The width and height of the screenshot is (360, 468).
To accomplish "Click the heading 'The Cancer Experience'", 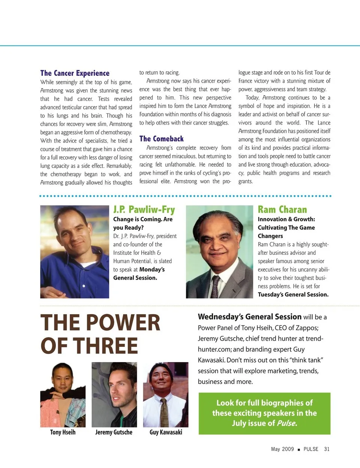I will coord(75,73).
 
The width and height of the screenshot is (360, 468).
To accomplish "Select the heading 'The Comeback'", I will coord(161,139).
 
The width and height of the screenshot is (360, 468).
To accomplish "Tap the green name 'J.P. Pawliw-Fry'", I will coord(144,209).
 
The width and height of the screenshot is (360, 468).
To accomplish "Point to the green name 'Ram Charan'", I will coord(282,209).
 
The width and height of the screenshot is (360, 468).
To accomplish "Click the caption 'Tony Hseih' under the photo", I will coord(63,432).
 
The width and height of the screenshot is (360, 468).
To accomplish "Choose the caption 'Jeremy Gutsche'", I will coord(114,432).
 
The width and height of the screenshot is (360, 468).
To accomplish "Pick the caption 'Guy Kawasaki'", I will coord(166,432).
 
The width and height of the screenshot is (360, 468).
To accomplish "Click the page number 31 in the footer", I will coord(327,449).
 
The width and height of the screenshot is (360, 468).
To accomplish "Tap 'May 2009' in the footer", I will coord(282,449).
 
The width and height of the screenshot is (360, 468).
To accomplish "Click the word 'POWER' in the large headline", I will coord(124,323).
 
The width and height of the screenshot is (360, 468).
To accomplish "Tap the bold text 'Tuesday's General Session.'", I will coord(293,295).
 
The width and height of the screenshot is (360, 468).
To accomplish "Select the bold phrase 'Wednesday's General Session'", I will coord(249,317).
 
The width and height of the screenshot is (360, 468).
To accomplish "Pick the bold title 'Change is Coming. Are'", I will coord(142,219).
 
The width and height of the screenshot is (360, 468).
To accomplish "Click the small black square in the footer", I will coord(298,449).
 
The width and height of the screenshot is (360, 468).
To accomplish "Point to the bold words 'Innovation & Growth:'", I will coord(286,219).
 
